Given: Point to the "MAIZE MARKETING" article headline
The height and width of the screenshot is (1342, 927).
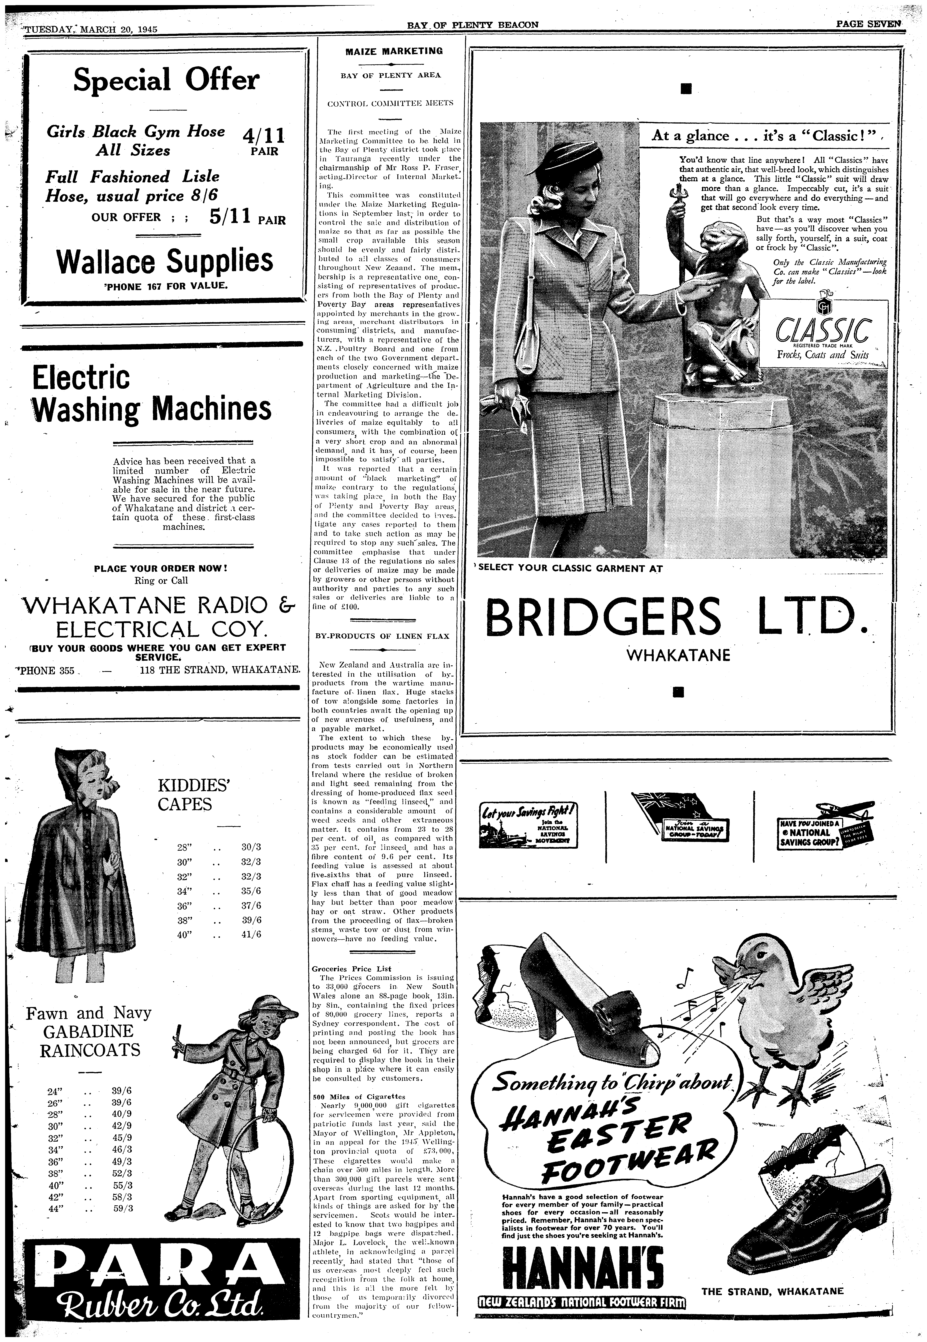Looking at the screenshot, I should point(394,51).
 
